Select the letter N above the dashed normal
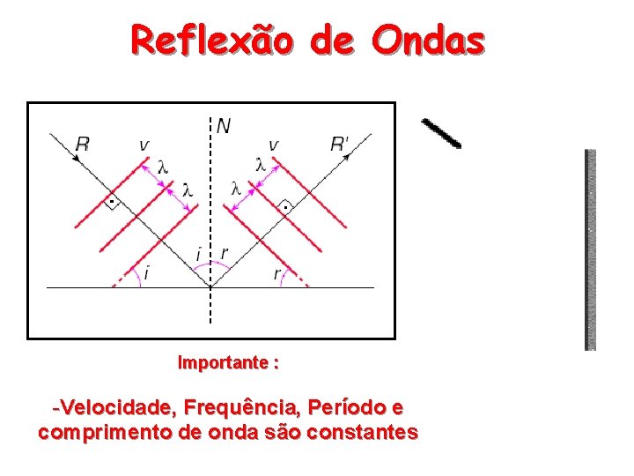coord(224,126)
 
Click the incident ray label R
coord(82,144)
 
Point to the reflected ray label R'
coord(340,144)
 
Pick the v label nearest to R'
coord(273,144)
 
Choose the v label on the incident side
coord(144,144)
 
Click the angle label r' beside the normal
coord(225,254)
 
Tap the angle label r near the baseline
coord(276,274)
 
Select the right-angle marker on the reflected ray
coord(284,208)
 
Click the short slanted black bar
coord(440,132)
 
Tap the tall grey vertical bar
coord(591,249)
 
